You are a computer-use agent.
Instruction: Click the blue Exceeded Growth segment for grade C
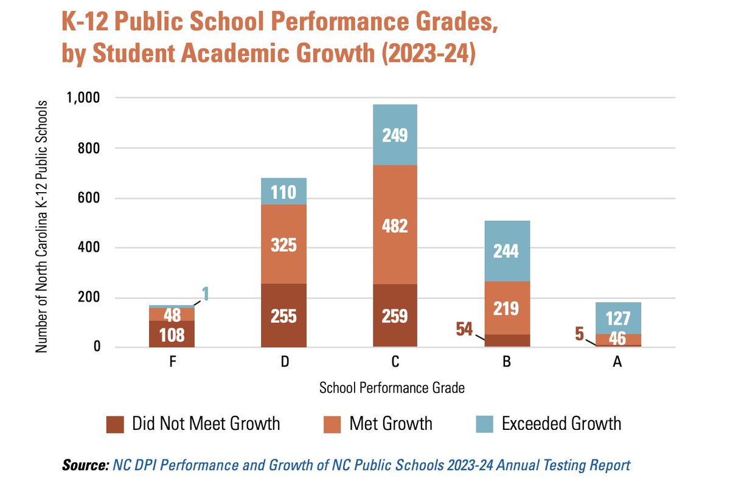(395, 134)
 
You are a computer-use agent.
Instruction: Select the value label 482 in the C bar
(395, 226)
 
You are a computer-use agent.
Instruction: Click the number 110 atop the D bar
(283, 193)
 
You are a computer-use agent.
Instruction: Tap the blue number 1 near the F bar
(206, 294)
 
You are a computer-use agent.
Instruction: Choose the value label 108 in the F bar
(172, 334)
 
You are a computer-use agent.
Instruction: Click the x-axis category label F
(172, 363)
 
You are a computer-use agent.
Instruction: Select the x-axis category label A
(617, 363)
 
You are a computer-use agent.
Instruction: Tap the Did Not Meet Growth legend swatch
(114, 424)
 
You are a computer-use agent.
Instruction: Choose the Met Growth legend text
(391, 423)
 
